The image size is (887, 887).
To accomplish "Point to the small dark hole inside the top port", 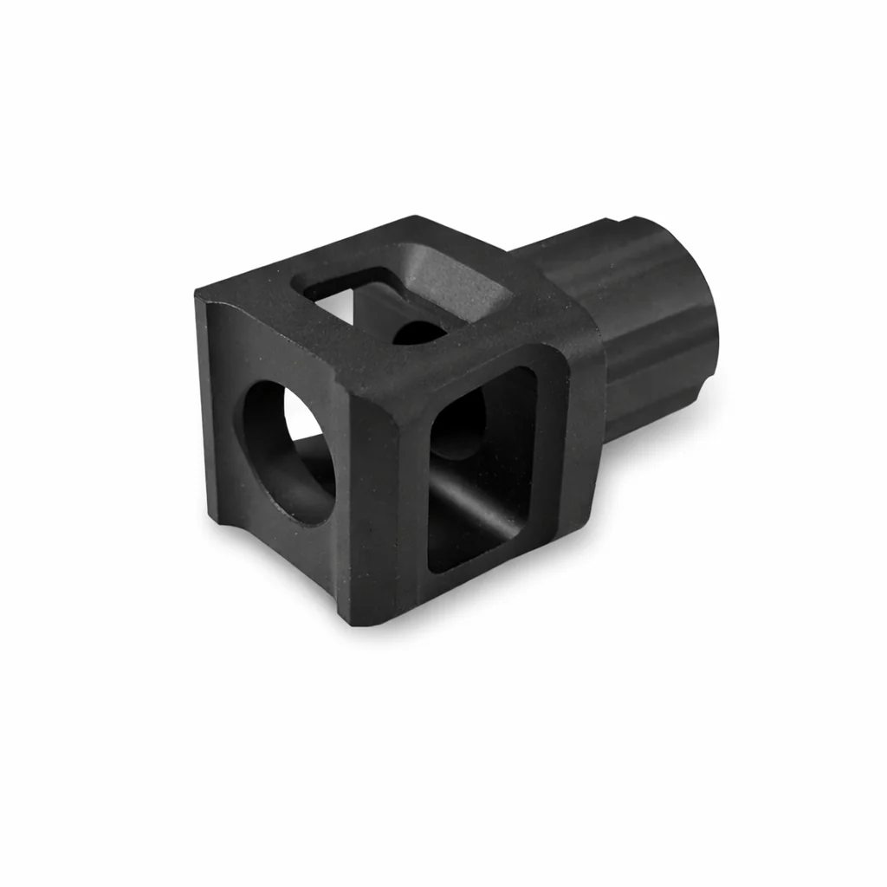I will [418, 333].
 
